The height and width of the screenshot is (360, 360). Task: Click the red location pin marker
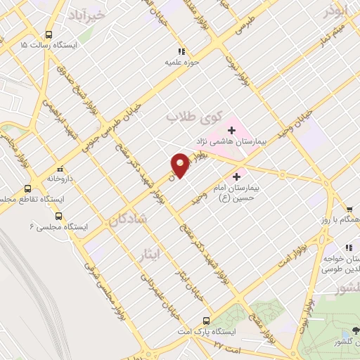click(180, 165)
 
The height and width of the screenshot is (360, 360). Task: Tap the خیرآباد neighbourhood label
click(87, 14)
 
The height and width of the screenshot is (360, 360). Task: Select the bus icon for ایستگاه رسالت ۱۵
click(49, 34)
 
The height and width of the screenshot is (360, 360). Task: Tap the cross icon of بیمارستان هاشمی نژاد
click(231, 130)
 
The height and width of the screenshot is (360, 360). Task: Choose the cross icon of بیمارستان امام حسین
click(237, 176)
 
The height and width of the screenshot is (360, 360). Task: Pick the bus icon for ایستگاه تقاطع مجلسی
click(28, 188)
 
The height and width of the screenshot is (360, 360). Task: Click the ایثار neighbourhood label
click(169, 255)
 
